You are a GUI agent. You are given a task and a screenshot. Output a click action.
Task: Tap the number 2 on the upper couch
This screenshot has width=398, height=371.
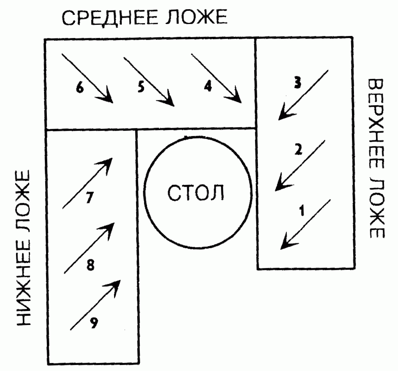[x=297, y=150]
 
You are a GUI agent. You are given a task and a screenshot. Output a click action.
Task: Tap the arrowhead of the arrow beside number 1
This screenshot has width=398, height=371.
[x=284, y=244]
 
